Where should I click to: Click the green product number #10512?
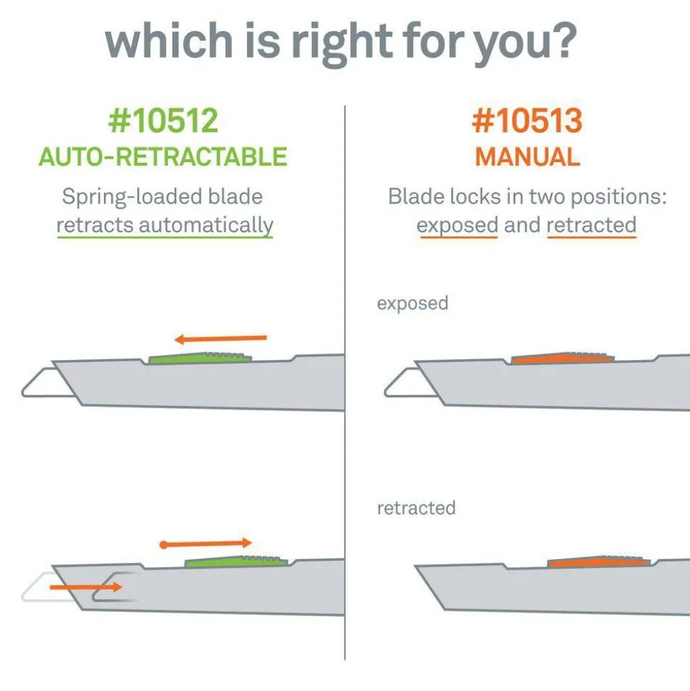pyautogui.click(x=163, y=120)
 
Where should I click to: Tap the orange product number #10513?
pyautogui.click(x=527, y=120)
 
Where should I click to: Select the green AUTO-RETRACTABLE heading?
pyautogui.click(x=163, y=157)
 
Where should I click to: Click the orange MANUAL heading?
pyautogui.click(x=527, y=157)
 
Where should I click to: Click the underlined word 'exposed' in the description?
pyautogui.click(x=457, y=226)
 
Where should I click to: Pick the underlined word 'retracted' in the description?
pyautogui.click(x=591, y=225)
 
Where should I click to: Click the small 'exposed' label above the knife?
pyautogui.click(x=413, y=304)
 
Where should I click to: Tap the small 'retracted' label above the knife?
pyautogui.click(x=416, y=508)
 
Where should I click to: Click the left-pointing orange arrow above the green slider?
pyautogui.click(x=221, y=339)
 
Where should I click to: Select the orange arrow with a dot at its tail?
pyautogui.click(x=206, y=544)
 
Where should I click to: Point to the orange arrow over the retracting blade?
pyautogui.click(x=86, y=587)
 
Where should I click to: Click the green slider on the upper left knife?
pyautogui.click(x=201, y=358)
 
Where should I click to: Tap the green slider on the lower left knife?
pyautogui.click(x=237, y=561)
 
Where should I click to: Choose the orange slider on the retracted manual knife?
pyautogui.click(x=599, y=561)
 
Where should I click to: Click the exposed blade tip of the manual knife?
pyautogui.click(x=387, y=392)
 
